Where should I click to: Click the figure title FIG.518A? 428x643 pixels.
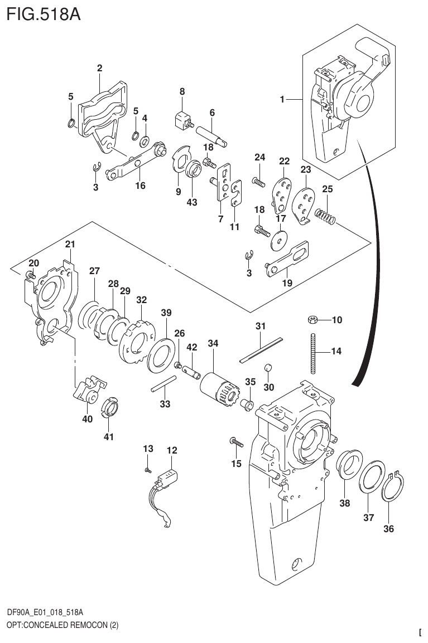pyautogui.click(x=44, y=14)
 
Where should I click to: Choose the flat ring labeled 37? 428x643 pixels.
pyautogui.click(x=371, y=477)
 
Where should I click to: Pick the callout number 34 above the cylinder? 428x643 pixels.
pyautogui.click(x=213, y=344)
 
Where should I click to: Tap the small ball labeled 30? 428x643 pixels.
pyautogui.click(x=267, y=368)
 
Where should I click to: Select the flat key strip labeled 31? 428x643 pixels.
pyautogui.click(x=262, y=350)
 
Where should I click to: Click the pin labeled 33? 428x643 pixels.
pyautogui.click(x=164, y=384)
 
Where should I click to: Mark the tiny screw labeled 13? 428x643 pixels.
pyautogui.click(x=147, y=470)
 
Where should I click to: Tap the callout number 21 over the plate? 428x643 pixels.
pyautogui.click(x=70, y=244)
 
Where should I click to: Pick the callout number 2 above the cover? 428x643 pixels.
pyautogui.click(x=99, y=69)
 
